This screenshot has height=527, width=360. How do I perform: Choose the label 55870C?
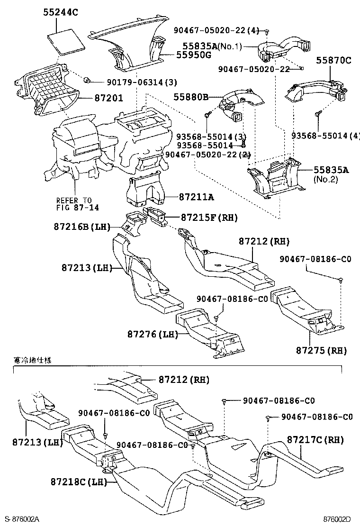334,60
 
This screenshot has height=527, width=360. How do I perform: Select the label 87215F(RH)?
209,218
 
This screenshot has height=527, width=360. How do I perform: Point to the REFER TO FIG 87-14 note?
74,204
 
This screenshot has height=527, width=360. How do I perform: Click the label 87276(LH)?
152,334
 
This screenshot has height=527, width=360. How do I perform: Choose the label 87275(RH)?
322,350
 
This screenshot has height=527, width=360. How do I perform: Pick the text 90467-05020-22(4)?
227,31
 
